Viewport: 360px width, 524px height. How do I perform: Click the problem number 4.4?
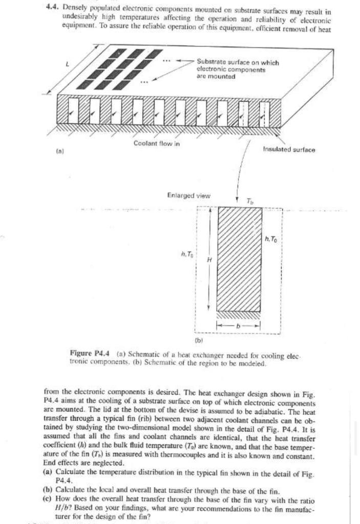(x=51, y=11)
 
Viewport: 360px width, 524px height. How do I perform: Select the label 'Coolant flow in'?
(x=157, y=144)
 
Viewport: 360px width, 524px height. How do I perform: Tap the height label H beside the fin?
(x=208, y=259)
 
